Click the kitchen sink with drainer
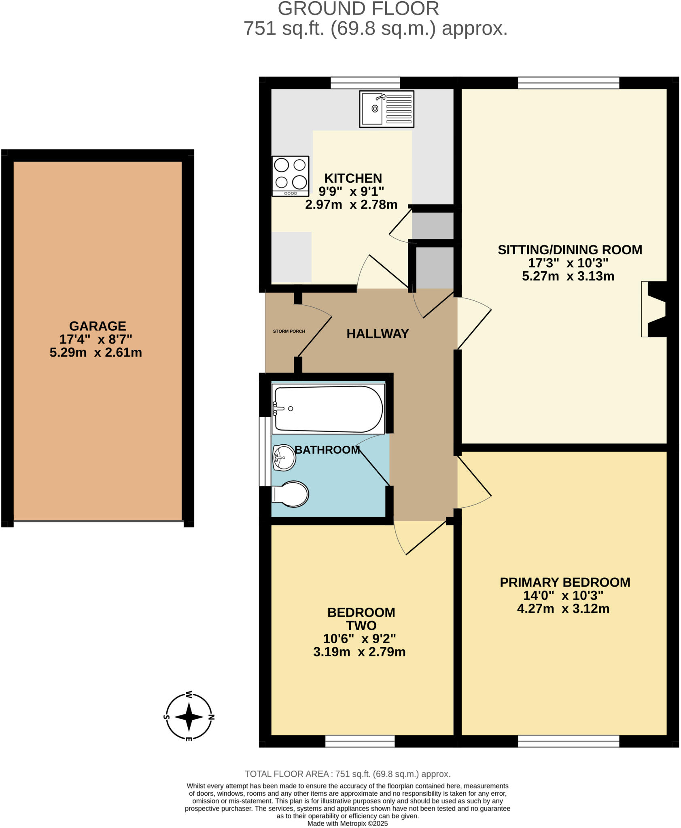(386, 109)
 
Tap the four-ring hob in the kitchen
(290, 176)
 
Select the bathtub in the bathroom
(328, 409)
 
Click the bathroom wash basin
(284, 458)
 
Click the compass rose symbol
(189, 717)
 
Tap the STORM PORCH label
(289, 332)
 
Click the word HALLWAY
(378, 334)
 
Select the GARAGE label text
(98, 326)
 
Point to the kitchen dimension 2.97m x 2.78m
(351, 205)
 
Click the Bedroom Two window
(360, 741)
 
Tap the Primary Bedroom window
(568, 741)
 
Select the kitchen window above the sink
(365, 83)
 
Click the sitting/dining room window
(568, 83)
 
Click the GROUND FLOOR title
(358, 9)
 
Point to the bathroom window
(265, 451)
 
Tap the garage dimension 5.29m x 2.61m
(96, 353)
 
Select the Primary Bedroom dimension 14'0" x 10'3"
(563, 596)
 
